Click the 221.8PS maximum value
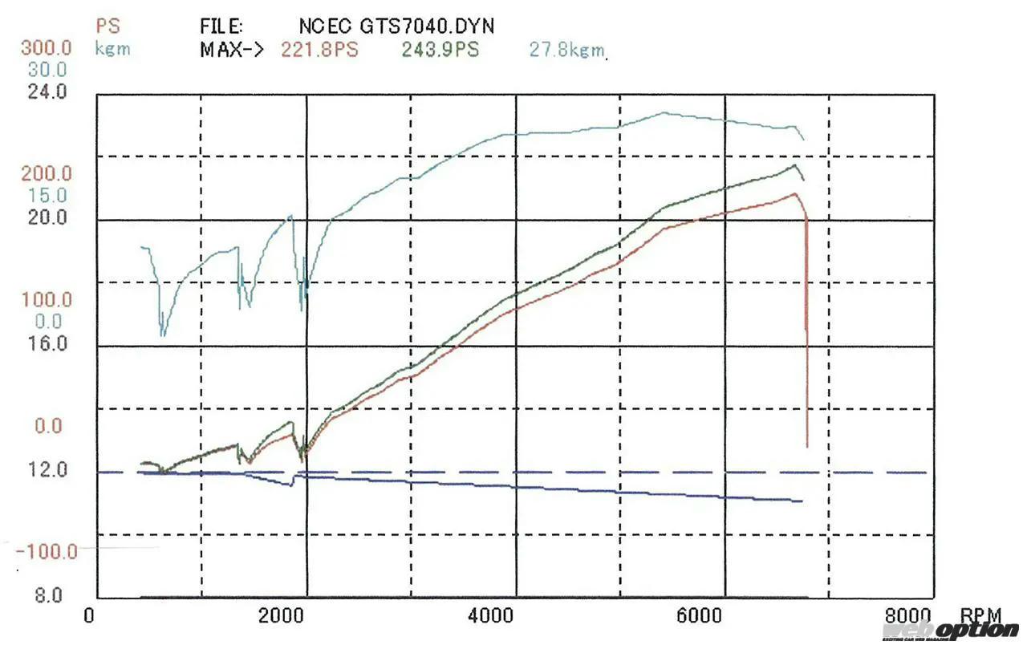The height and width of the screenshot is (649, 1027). [319, 50]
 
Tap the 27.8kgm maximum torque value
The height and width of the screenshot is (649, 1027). [566, 51]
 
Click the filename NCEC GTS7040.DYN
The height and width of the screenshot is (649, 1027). [396, 26]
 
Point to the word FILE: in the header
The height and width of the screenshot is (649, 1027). [222, 26]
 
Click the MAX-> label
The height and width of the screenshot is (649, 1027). [232, 50]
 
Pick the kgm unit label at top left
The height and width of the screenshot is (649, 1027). [112, 49]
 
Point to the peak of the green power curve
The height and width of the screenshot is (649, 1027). [794, 166]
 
